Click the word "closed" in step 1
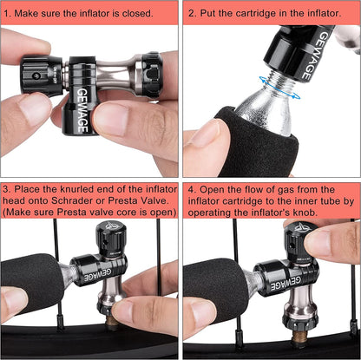click(x=137, y=13)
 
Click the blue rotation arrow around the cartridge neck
click(x=279, y=87)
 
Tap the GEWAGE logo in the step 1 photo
click(x=82, y=110)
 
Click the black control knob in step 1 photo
click(x=42, y=75)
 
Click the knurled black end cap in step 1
click(x=150, y=75)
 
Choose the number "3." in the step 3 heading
click(x=7, y=189)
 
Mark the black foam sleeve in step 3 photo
click(x=32, y=284)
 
